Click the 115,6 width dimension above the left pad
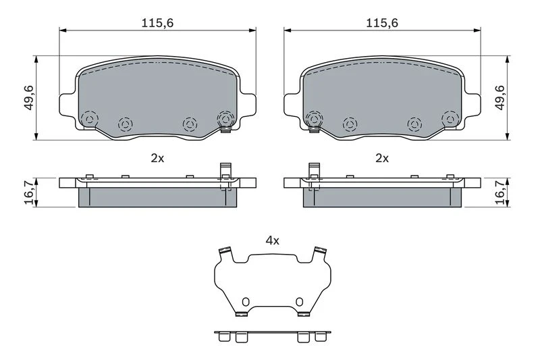point(157,23)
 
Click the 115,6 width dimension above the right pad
point(382,23)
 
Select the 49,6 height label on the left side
point(28,98)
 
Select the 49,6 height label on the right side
point(500,98)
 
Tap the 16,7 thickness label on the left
point(29,192)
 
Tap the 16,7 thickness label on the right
point(500,192)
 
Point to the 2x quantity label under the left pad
point(157,159)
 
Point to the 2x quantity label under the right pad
point(382,159)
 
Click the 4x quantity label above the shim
point(273,240)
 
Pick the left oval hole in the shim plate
point(245,302)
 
